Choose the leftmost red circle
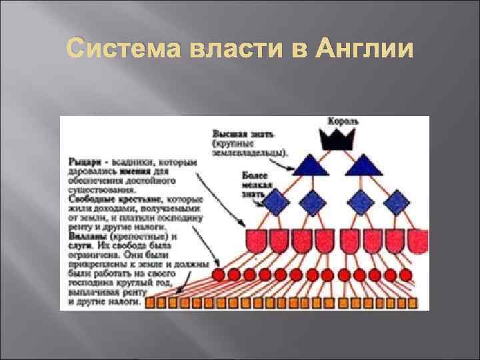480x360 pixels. pyautogui.click(x=219, y=274)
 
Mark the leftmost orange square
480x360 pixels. pyautogui.click(x=150, y=302)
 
